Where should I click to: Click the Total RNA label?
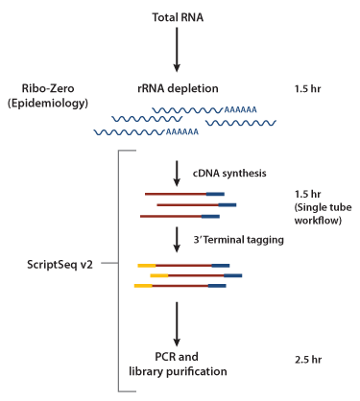[178, 17]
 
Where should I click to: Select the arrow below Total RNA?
[177, 50]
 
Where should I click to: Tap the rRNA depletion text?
[178, 88]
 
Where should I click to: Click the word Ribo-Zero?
[48, 88]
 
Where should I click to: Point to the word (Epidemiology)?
[48, 104]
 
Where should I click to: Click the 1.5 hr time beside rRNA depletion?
[307, 88]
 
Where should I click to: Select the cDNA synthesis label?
[229, 173]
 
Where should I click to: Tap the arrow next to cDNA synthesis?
[177, 174]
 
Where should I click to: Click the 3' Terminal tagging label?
[238, 240]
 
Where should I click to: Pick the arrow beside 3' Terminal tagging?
[177, 240]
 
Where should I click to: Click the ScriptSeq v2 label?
[60, 265]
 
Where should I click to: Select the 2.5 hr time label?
[308, 360]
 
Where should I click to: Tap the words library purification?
[178, 371]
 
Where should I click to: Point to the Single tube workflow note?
[323, 214]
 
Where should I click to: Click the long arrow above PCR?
[177, 324]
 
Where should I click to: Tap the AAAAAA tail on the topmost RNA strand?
[240, 110]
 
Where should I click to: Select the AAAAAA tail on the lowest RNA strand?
[182, 131]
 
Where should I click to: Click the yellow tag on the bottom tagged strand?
[143, 286]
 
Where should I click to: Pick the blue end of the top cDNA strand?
[215, 194]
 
